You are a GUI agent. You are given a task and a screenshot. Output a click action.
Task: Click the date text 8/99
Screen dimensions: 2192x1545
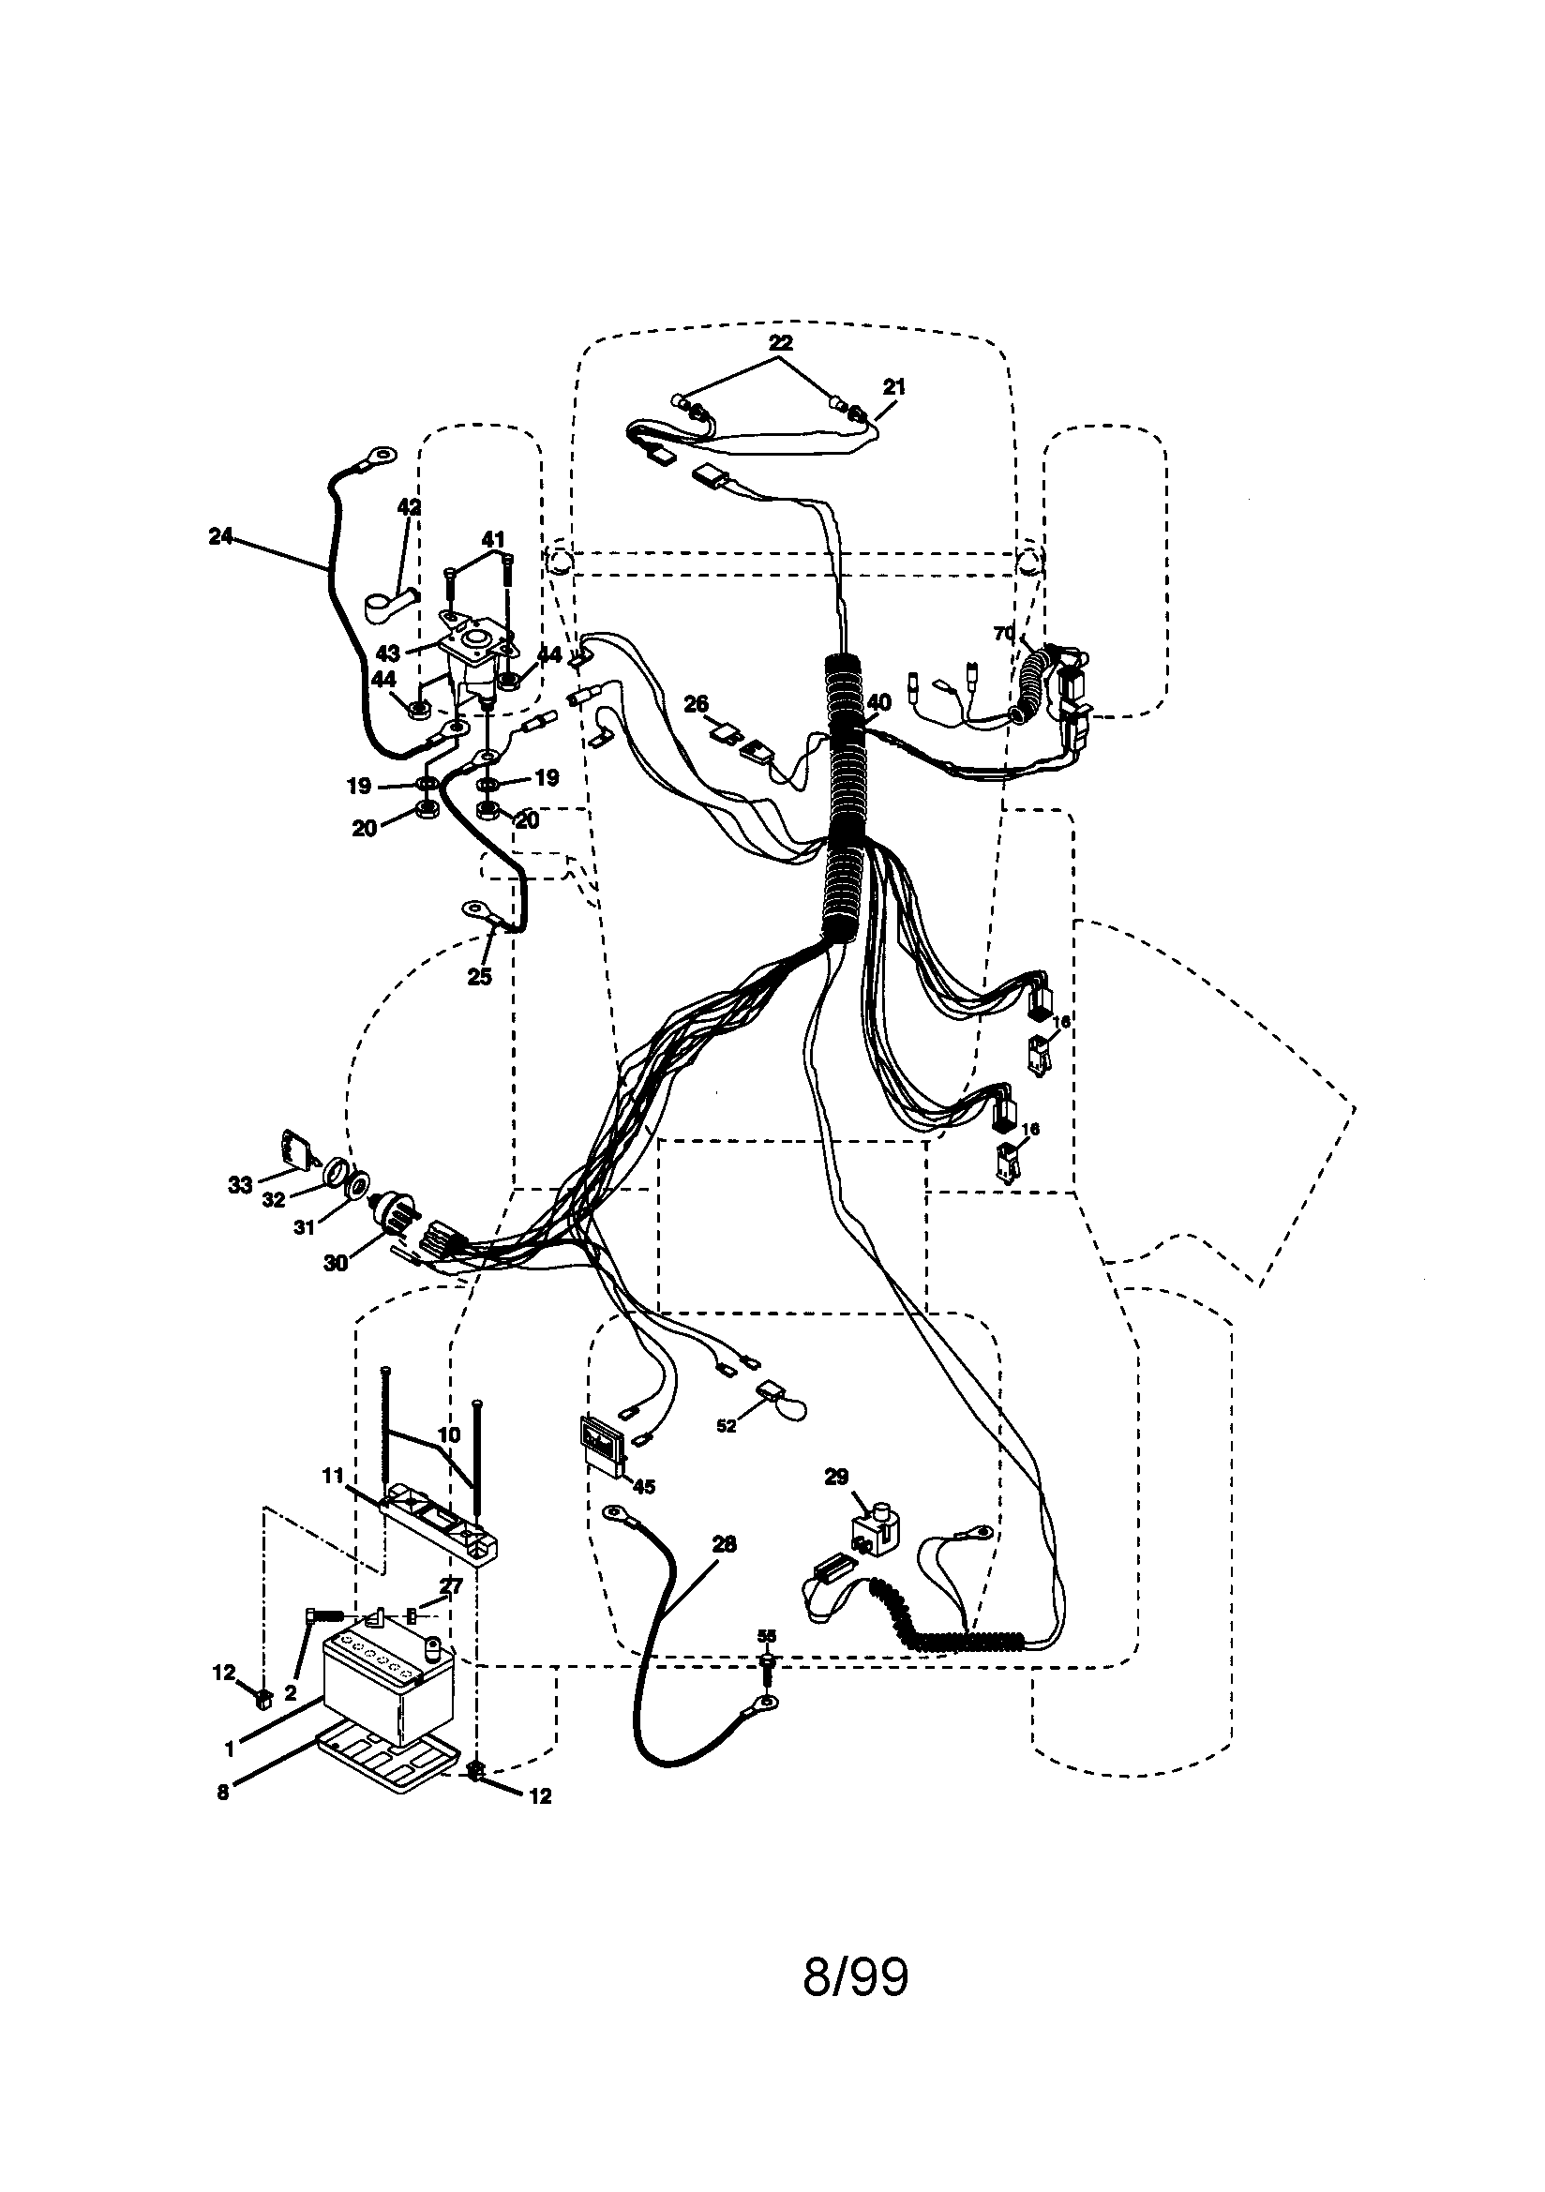point(855,1976)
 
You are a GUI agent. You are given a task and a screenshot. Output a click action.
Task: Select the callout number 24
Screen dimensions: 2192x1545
point(220,536)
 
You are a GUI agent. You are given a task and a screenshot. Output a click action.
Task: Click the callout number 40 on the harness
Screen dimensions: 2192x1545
point(877,702)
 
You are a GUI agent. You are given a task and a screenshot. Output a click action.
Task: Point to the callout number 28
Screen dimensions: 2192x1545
point(724,1545)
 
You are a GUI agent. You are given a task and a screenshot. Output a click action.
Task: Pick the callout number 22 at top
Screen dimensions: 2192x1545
point(780,342)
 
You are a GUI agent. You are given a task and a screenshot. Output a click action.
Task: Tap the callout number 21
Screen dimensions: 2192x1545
point(893,386)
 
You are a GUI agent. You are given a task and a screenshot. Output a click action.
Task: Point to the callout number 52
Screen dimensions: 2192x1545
point(726,1426)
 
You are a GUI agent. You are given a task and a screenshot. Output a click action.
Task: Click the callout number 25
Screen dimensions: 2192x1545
point(479,977)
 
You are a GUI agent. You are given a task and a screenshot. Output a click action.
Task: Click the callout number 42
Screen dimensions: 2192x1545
point(409,508)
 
